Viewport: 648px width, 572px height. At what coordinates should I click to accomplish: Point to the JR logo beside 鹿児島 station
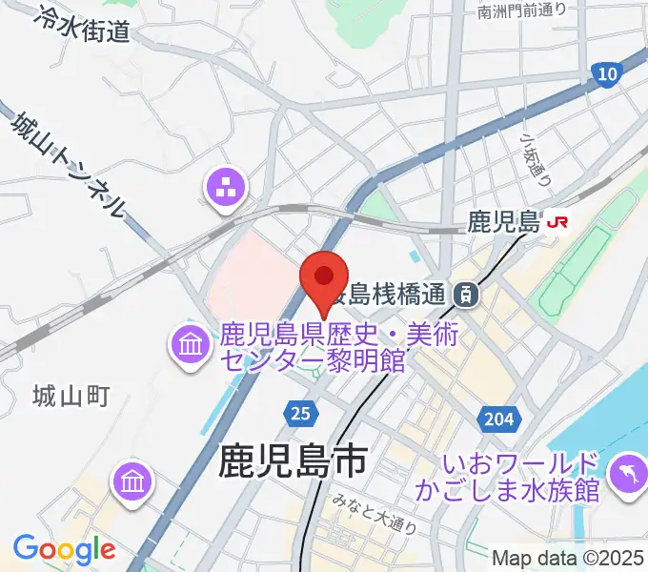(x=557, y=223)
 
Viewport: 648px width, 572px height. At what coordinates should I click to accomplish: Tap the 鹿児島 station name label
(x=503, y=223)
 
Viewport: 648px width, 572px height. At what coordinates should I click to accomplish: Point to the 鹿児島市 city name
(x=292, y=462)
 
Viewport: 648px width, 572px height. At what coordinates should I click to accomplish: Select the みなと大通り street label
(x=376, y=521)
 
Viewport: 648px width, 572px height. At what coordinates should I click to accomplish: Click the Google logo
(x=64, y=549)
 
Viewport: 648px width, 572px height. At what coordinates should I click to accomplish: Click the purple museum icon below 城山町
(x=132, y=480)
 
